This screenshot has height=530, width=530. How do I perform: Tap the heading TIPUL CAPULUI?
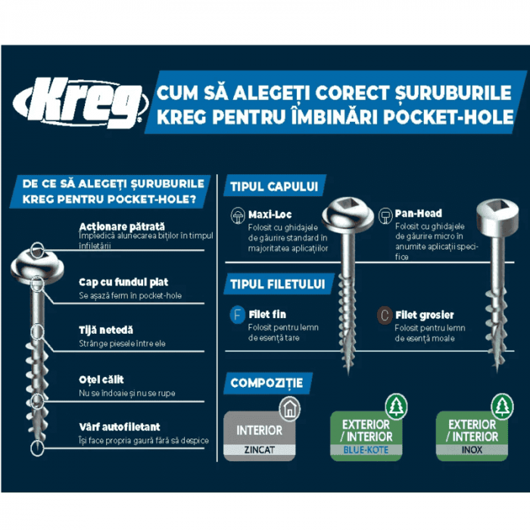272,186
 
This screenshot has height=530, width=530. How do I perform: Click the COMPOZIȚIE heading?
267,382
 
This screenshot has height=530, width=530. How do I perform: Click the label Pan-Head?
418,214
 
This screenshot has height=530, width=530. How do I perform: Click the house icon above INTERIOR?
288,410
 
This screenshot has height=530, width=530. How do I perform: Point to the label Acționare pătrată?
121,226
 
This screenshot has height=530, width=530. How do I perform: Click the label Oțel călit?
101,379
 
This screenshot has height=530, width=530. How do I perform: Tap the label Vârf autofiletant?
120,427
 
